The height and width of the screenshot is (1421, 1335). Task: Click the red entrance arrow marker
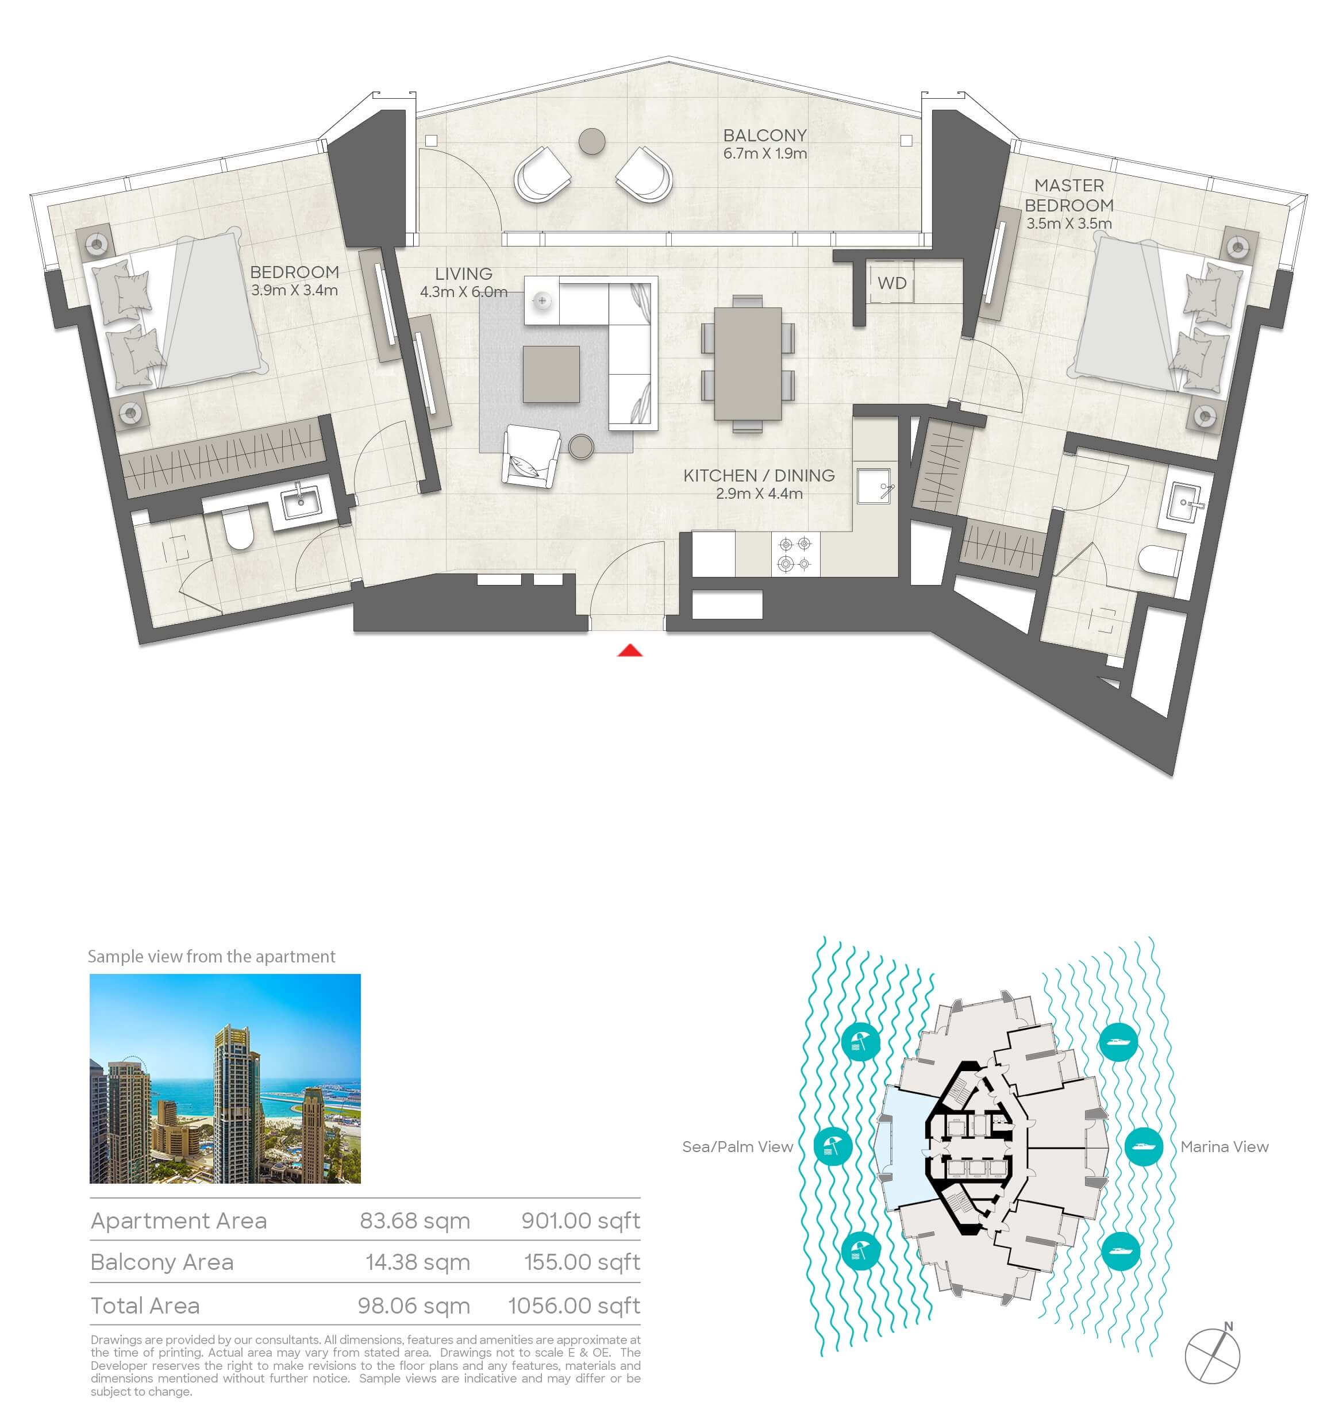tap(630, 650)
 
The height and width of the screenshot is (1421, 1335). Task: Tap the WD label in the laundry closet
tap(892, 283)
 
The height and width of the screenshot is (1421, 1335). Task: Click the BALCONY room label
tap(764, 135)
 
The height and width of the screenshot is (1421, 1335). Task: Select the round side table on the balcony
tap(591, 141)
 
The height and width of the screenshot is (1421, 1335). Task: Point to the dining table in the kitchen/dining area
tap(748, 363)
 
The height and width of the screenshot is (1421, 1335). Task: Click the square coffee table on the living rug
tap(551, 375)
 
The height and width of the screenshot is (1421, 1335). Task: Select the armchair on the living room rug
tap(530, 457)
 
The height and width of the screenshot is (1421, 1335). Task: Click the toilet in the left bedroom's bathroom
tap(239, 529)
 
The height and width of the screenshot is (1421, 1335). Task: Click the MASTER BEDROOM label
tap(1069, 195)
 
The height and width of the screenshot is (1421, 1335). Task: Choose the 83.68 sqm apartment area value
tap(415, 1221)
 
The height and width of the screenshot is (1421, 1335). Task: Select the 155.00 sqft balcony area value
tap(582, 1262)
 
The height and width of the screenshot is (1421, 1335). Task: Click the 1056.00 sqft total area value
tap(574, 1306)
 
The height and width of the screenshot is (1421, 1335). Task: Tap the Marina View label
tap(1224, 1146)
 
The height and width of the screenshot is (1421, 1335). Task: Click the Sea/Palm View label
tap(737, 1146)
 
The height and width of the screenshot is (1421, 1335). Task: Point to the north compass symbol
tap(1213, 1354)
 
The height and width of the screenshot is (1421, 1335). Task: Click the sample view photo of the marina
tap(225, 1078)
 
